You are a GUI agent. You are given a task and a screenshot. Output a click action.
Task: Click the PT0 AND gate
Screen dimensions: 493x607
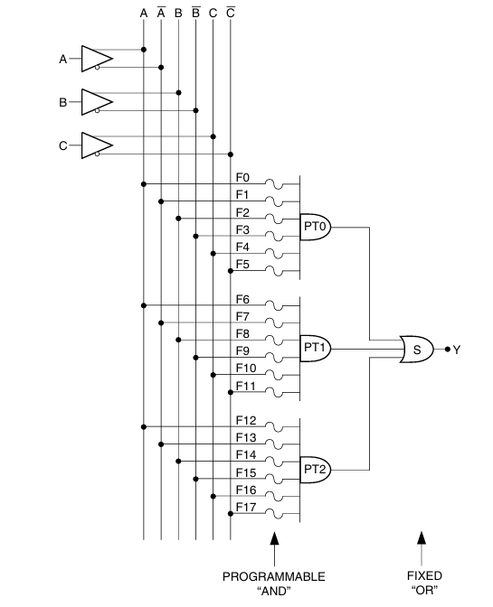coord(316,228)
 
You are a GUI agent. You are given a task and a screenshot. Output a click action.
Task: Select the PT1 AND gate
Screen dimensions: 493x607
coord(316,349)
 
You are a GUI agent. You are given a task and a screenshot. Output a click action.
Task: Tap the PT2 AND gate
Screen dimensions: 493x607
coord(316,470)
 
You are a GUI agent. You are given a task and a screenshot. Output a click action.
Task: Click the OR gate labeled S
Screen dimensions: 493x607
coord(417,350)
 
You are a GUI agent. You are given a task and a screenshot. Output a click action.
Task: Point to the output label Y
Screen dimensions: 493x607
coord(457,350)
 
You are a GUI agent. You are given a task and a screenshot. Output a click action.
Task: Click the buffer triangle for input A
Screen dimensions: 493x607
coord(97,59)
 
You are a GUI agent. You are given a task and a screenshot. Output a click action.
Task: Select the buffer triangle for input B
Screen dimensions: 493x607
coord(97,102)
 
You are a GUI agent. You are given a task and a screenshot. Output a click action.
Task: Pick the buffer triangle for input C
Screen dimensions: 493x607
coord(97,145)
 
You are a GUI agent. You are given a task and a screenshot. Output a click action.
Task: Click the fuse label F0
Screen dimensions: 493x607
coord(242,177)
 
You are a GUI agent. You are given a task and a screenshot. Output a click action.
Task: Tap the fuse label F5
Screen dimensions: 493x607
coord(242,264)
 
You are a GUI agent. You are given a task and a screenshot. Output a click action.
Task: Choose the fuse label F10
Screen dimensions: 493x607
coord(246,368)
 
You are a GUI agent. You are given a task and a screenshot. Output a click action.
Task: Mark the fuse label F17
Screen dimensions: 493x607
coord(246,507)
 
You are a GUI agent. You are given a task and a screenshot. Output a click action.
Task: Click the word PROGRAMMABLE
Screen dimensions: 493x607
coord(273,576)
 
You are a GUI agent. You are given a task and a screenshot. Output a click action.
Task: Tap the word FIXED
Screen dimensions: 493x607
coord(424,575)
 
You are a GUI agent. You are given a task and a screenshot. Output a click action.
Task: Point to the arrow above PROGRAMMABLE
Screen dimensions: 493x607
coord(274,549)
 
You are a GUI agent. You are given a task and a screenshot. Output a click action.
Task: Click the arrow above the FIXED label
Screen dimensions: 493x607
coord(422,548)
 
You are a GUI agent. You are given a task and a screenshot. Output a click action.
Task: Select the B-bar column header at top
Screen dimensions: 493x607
coord(195,13)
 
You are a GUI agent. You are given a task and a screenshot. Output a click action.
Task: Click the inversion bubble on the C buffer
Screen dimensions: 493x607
coord(97,154)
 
